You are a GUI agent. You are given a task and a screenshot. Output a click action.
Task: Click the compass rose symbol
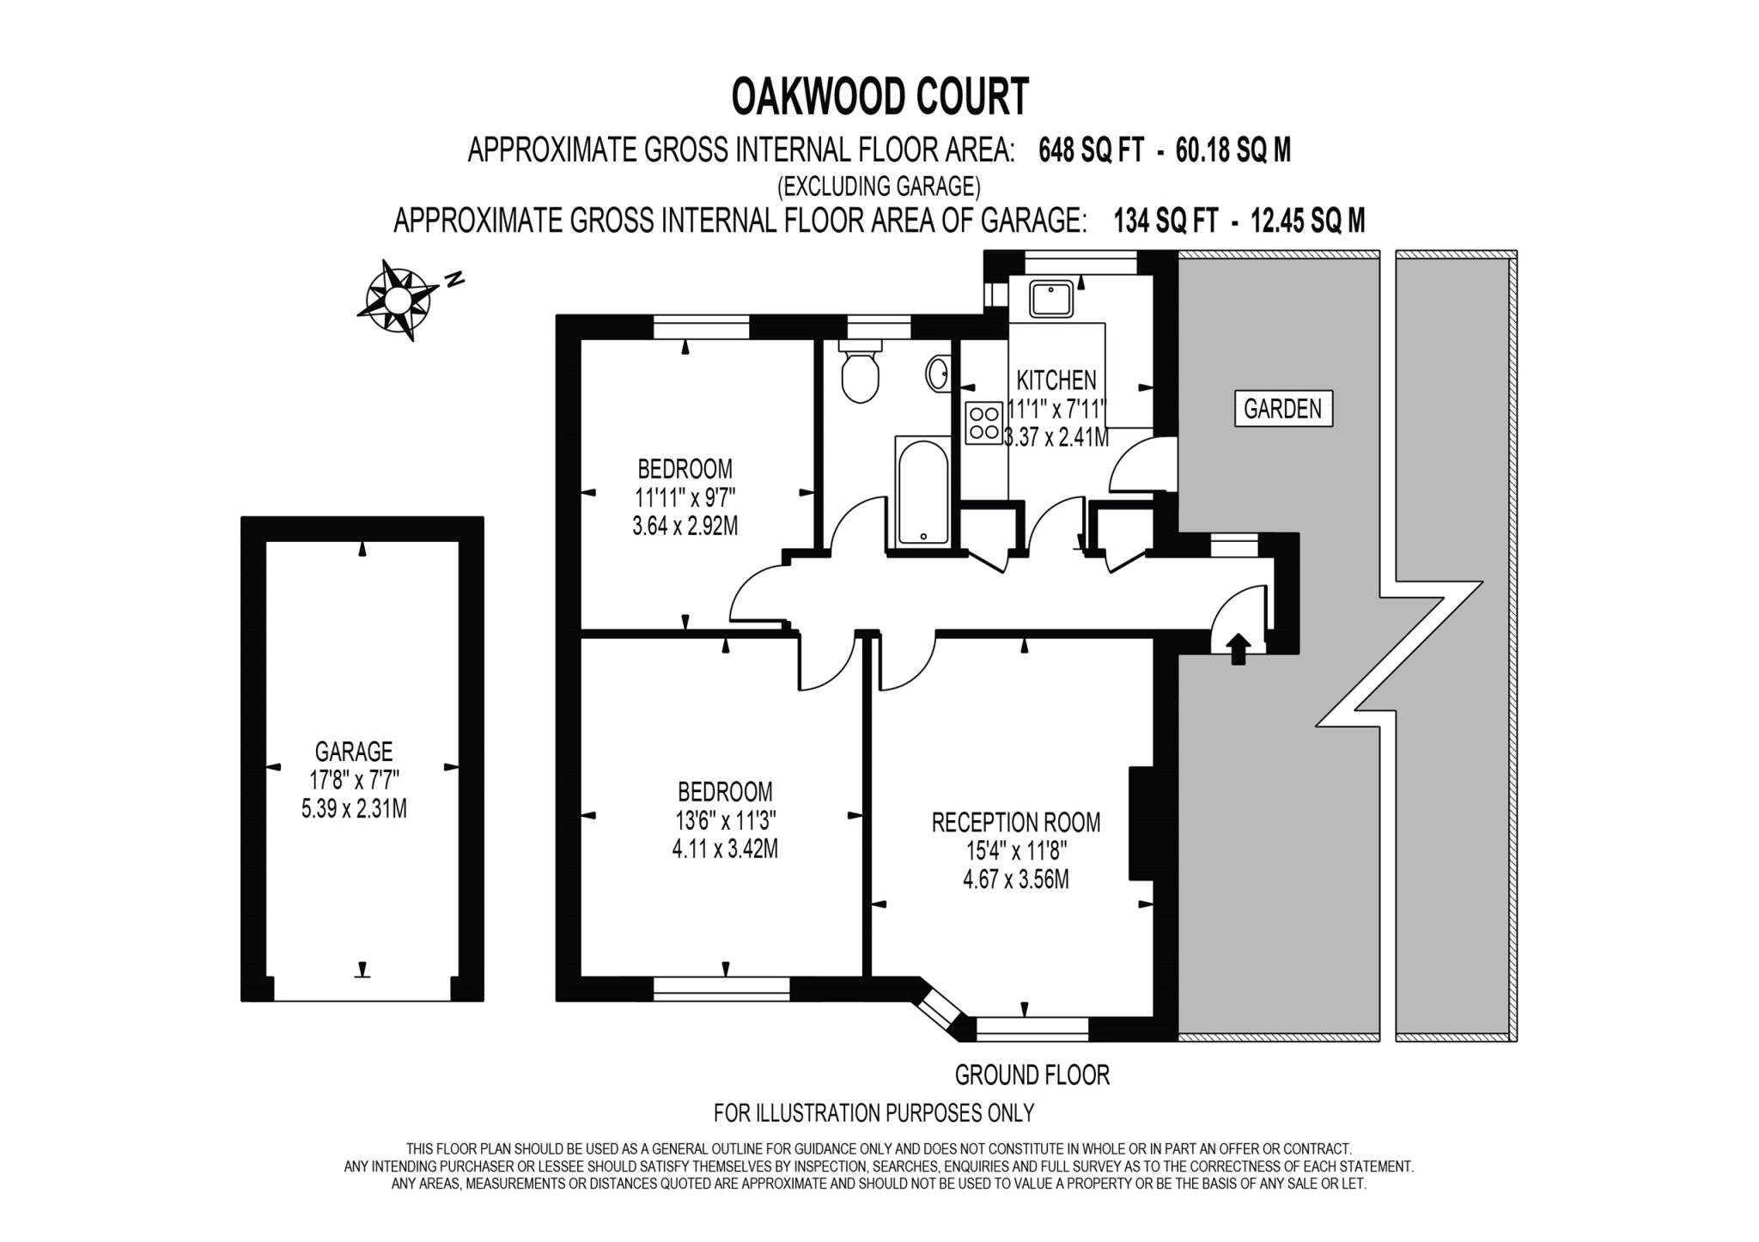click(396, 299)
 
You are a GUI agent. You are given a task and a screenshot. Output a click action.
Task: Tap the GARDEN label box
click(1282, 409)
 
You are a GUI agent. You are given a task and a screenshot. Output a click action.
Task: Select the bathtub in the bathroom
click(922, 491)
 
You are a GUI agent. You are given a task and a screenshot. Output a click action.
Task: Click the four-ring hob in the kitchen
click(983, 423)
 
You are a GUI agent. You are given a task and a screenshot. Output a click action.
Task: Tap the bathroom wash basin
click(938, 374)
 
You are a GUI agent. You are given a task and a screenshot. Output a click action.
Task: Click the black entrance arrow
click(1238, 648)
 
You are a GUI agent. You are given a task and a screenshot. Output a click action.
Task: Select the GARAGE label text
click(354, 752)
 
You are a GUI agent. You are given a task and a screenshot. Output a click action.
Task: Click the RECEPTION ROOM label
click(1016, 822)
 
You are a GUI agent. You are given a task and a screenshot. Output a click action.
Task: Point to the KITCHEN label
click(1056, 380)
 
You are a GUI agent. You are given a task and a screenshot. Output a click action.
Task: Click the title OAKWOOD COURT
click(879, 97)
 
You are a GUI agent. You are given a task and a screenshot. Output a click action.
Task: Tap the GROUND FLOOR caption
click(1032, 1075)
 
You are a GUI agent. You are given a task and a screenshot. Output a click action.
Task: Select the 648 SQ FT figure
click(1091, 151)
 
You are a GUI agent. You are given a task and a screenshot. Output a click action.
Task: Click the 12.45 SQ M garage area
click(1308, 222)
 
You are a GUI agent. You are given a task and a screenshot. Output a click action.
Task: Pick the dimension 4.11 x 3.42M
click(725, 849)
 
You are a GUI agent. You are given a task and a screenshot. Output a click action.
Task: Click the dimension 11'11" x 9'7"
click(685, 497)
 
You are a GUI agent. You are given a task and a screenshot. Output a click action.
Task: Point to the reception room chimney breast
click(1141, 823)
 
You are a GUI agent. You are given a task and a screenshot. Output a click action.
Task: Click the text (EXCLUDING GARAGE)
click(879, 186)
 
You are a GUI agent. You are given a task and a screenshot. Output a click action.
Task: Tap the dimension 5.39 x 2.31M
click(354, 808)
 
